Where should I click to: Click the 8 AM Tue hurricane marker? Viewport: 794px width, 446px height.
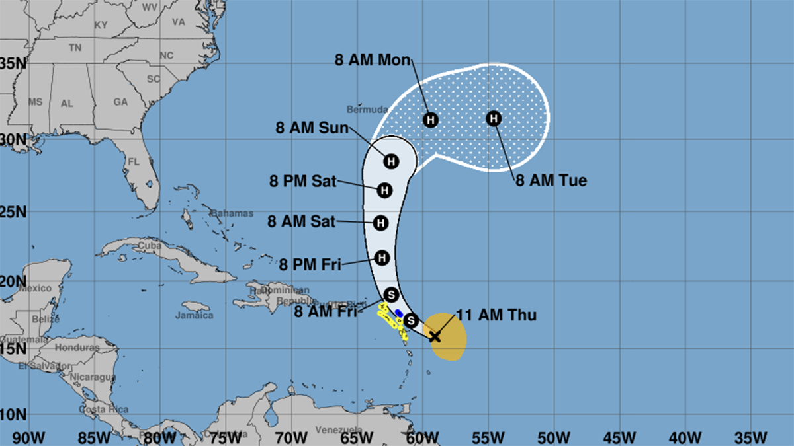coord(494,119)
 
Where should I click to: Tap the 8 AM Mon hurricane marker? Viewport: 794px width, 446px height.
coord(431,120)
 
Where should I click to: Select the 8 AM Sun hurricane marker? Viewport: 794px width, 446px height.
coord(391,161)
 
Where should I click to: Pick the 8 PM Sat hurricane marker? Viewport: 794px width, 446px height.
coord(384,190)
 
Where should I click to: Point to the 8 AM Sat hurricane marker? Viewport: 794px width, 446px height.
coord(380,223)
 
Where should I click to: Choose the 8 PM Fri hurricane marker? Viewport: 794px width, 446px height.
coord(382,258)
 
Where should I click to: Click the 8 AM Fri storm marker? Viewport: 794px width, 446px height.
coord(390,294)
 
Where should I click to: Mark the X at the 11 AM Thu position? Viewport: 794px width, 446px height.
coord(435,336)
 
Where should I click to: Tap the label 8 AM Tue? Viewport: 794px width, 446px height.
coord(551,180)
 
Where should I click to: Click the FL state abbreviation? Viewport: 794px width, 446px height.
coord(134,162)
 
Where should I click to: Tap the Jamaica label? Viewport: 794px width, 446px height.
coord(195,315)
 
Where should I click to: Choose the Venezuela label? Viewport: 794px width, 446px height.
coord(338,430)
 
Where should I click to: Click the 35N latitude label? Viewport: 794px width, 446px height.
coord(13,63)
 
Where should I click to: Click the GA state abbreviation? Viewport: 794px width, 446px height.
coord(120,102)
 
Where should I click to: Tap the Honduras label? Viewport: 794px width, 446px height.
coord(77,348)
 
